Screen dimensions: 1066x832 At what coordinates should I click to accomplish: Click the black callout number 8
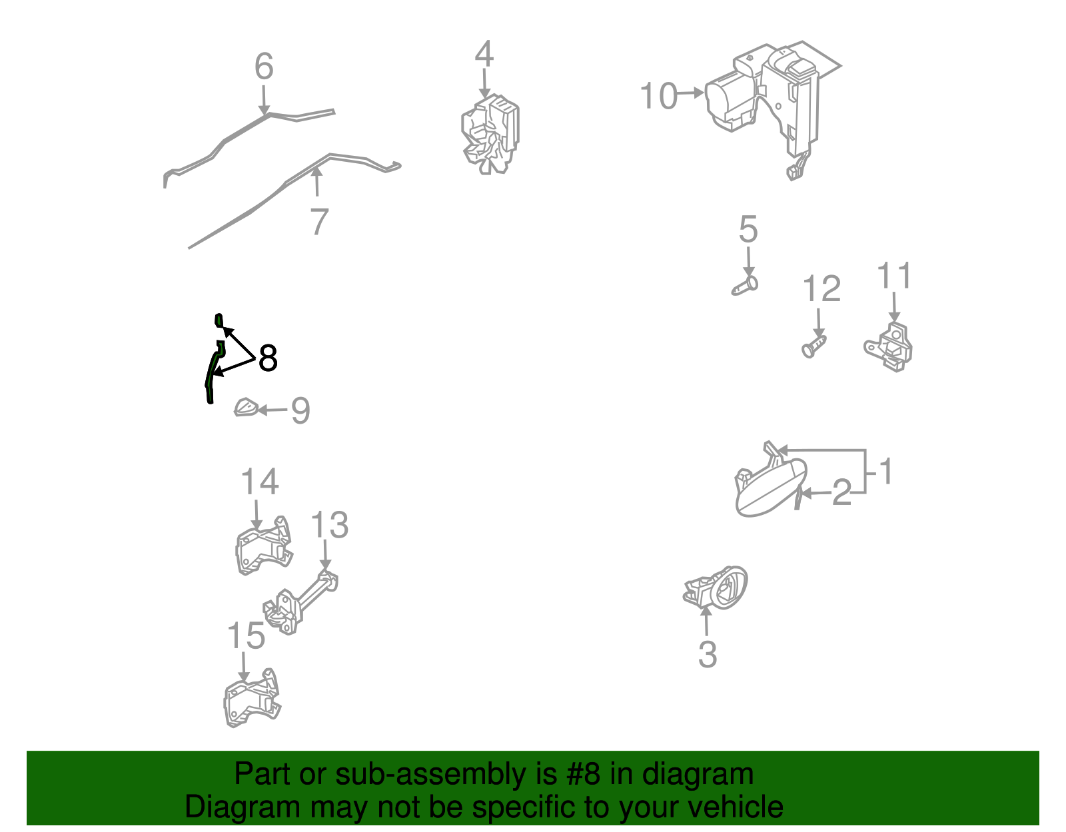(x=267, y=358)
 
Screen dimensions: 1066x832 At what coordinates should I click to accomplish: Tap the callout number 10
(x=659, y=96)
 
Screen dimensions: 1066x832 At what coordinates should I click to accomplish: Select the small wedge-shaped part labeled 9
(x=246, y=408)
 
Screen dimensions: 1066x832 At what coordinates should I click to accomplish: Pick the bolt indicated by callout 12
(x=814, y=346)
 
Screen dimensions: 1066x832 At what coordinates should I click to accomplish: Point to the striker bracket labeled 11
(x=888, y=346)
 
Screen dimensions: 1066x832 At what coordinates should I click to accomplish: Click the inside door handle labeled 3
(x=716, y=588)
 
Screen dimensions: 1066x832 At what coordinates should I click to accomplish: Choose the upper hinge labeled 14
(x=264, y=545)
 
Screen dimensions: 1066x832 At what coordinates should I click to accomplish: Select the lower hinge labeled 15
(x=252, y=697)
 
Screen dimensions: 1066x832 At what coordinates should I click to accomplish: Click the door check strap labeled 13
(x=300, y=603)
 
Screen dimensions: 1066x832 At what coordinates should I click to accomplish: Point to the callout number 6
(x=264, y=66)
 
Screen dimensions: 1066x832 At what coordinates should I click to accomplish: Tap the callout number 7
(x=319, y=221)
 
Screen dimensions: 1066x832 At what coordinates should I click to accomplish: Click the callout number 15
(x=247, y=636)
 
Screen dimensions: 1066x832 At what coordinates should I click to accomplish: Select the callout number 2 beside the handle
(x=842, y=492)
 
